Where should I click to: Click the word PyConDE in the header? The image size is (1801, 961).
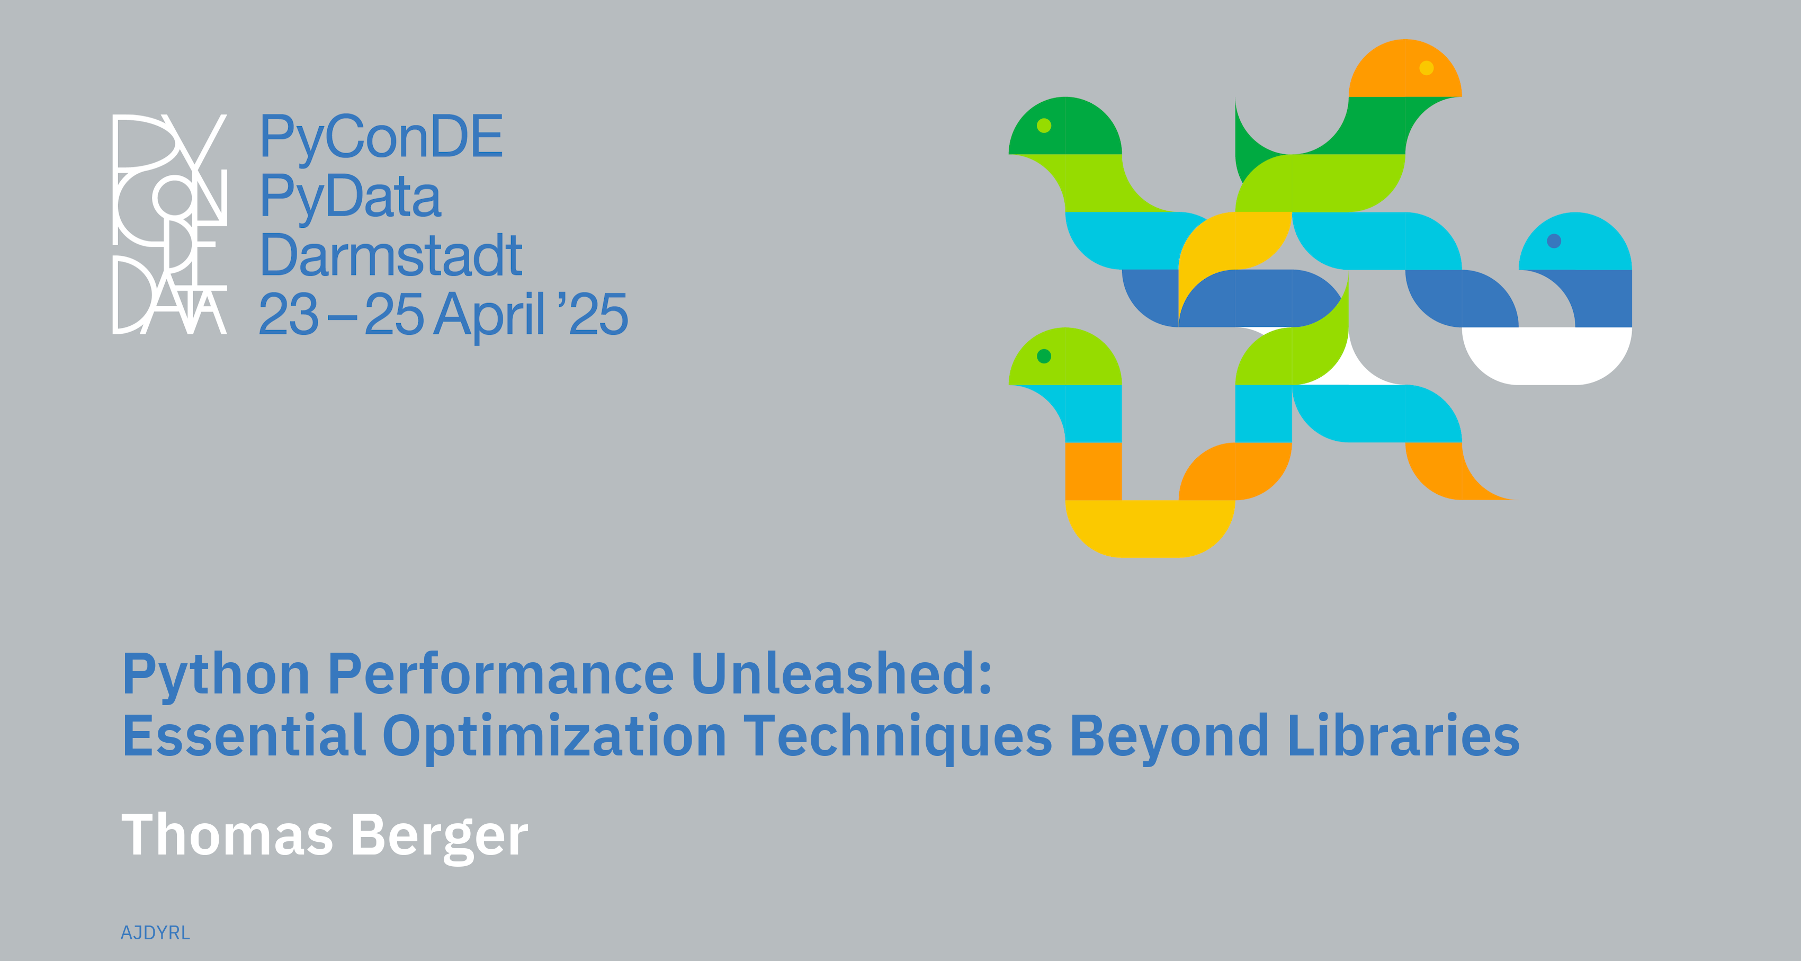point(381,138)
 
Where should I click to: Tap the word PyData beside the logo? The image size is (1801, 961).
point(350,197)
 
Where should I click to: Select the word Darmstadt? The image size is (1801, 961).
point(391,255)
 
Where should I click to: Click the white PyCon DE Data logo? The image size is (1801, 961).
point(170,224)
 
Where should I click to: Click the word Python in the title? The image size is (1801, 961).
point(216,675)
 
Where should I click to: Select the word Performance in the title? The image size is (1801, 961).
point(501,675)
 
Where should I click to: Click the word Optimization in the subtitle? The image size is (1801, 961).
point(555,738)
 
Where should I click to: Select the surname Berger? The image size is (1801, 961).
point(439,837)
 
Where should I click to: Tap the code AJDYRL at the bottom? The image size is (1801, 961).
point(155,933)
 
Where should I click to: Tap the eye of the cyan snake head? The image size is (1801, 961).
point(1554,241)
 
